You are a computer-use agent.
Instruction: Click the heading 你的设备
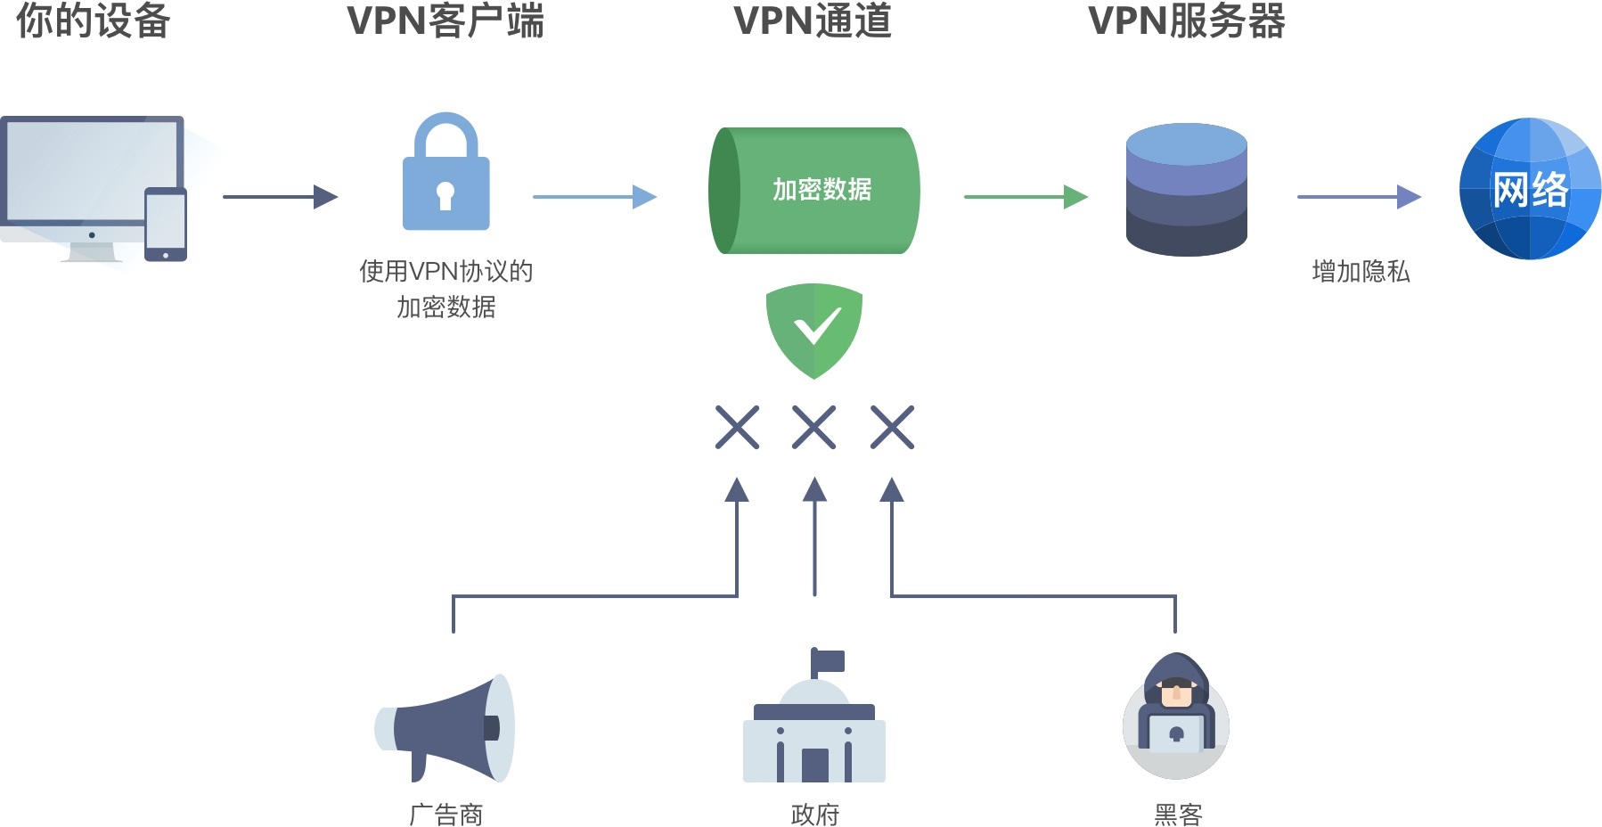click(x=93, y=20)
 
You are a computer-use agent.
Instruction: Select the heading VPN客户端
click(x=445, y=20)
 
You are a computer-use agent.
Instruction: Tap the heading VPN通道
click(x=812, y=20)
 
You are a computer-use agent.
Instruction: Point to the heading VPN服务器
click(x=1186, y=20)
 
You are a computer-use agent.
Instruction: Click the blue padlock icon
click(x=445, y=174)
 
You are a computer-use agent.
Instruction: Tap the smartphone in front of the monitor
click(x=166, y=224)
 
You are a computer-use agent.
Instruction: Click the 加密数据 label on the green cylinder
click(x=821, y=190)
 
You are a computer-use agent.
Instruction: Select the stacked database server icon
click(x=1186, y=190)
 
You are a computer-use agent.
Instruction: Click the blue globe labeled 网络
click(x=1529, y=189)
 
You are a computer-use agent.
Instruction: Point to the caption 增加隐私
click(x=1361, y=271)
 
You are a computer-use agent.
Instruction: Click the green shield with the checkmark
click(x=813, y=328)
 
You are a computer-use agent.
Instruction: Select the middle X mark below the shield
click(x=813, y=427)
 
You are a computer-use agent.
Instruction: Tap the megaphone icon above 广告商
click(x=445, y=728)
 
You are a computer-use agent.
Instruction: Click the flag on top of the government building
click(x=829, y=661)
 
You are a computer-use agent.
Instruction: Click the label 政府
click(x=814, y=814)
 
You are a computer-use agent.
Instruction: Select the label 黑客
click(x=1178, y=814)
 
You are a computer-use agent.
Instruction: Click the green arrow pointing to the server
click(x=1026, y=196)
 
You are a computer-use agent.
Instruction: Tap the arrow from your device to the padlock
click(x=280, y=196)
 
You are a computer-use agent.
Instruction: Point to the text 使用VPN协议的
click(x=445, y=271)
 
